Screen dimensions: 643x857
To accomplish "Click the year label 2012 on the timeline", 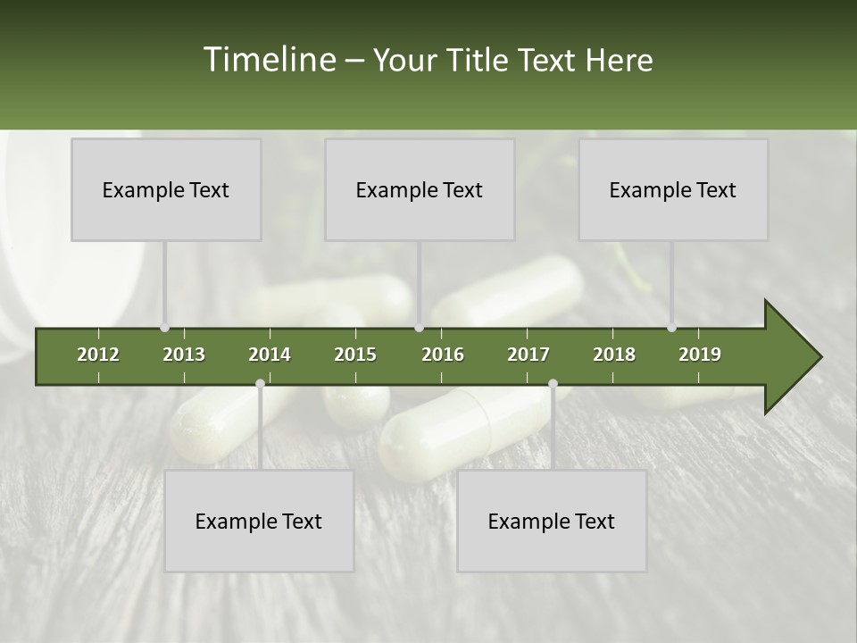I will (98, 355).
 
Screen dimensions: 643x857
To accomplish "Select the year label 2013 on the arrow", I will (184, 355).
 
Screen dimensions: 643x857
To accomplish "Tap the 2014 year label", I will (270, 355).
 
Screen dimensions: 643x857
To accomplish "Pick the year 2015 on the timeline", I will (355, 355).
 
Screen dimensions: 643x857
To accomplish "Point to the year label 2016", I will (443, 355).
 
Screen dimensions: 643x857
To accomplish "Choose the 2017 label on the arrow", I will (528, 355).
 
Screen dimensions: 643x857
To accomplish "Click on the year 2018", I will (614, 355).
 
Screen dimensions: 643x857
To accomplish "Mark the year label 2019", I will (700, 355).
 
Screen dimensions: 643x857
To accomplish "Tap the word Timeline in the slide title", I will (269, 60).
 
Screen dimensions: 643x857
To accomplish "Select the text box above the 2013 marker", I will (166, 189).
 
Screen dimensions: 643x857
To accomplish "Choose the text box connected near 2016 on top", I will (420, 189).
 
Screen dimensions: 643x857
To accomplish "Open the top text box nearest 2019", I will (673, 189).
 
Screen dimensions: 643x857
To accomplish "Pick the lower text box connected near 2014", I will (259, 521).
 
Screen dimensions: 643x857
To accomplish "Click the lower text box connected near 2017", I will (552, 521).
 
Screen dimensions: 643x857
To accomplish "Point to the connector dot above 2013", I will (164, 328).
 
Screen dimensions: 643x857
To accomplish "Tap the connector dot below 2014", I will (260, 384).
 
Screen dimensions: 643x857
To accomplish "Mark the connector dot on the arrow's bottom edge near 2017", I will (553, 384).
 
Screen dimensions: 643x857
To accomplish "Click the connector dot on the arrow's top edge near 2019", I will (671, 328).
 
